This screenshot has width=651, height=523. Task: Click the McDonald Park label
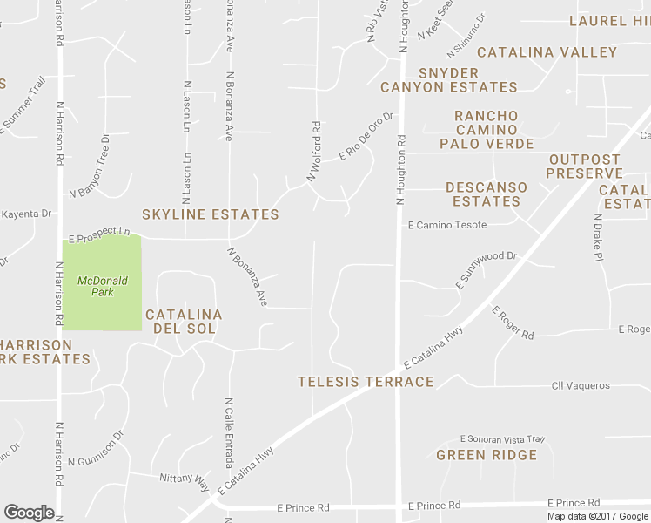(x=102, y=286)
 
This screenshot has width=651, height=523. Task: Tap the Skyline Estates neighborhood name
(x=211, y=214)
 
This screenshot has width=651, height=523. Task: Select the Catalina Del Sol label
(x=184, y=322)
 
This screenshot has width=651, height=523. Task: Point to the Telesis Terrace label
(x=366, y=382)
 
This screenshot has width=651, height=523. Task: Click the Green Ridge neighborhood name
(x=487, y=455)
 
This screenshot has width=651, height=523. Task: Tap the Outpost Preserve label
(x=585, y=166)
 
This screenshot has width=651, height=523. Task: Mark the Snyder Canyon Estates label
(x=449, y=80)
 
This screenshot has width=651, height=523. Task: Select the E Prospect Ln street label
(x=100, y=234)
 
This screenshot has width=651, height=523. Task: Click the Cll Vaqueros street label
(x=581, y=385)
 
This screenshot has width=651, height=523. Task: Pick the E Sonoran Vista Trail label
(x=502, y=439)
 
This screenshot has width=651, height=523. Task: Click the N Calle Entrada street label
(x=229, y=421)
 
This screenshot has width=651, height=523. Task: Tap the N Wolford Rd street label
(x=314, y=152)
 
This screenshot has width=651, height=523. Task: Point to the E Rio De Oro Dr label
(x=366, y=135)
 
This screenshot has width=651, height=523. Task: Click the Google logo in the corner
(x=29, y=513)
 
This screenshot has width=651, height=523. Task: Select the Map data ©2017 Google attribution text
(x=596, y=516)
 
